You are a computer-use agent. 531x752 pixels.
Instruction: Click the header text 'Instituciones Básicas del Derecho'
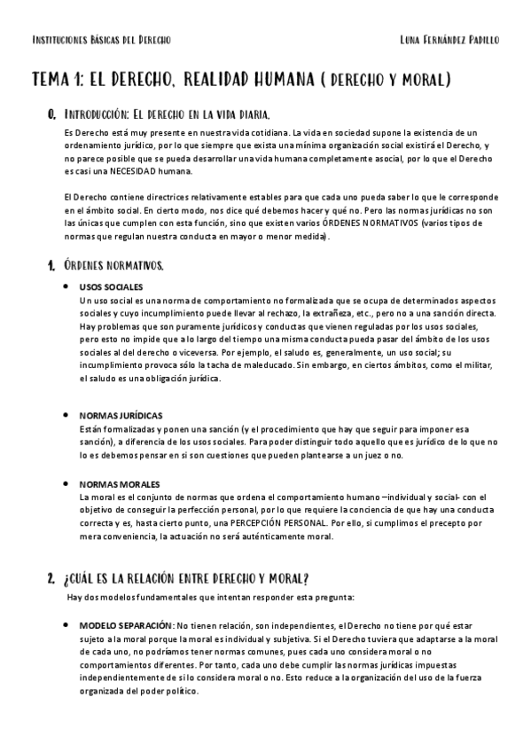tap(101, 41)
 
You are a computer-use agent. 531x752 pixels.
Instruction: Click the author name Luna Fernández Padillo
tap(449, 41)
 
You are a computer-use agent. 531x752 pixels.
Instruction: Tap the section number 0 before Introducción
tap(52, 114)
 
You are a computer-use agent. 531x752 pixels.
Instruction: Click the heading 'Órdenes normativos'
tap(113, 265)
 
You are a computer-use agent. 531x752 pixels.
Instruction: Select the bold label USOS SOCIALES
tap(111, 287)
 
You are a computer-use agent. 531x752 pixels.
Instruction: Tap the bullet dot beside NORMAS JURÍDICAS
tap(69, 414)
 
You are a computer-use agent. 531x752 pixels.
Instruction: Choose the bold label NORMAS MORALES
tap(120, 484)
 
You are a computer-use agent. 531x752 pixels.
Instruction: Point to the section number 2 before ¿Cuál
tap(51, 578)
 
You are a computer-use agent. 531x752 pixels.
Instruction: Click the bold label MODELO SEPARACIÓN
tap(126, 624)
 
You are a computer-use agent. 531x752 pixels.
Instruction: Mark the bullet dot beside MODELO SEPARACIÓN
tap(69, 624)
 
